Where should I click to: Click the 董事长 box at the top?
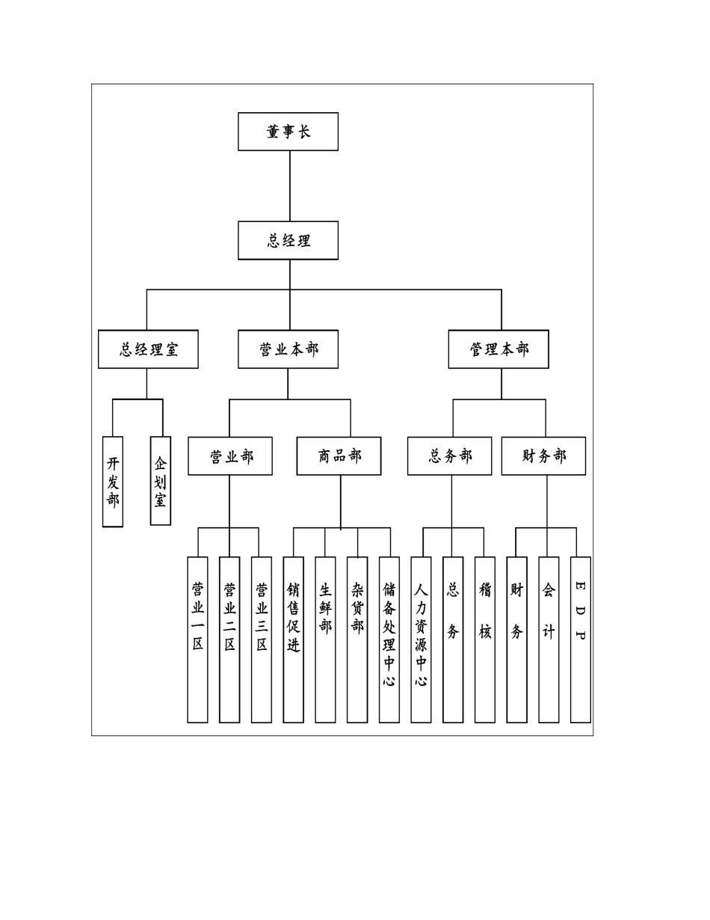[288, 132]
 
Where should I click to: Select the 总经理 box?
[288, 240]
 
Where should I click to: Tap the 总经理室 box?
[148, 349]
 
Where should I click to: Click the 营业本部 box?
[288, 349]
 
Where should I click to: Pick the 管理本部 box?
[498, 349]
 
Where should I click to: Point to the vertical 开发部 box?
[113, 482]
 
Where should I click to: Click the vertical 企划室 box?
[161, 481]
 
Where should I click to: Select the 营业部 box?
[230, 456]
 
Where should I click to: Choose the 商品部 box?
[339, 456]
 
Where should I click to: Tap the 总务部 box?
[449, 456]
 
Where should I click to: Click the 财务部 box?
[543, 456]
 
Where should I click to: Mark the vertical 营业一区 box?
[197, 640]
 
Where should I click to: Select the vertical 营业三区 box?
[262, 640]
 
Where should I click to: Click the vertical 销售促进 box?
[294, 640]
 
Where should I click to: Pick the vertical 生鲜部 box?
[325, 640]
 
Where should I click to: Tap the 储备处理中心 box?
[389, 640]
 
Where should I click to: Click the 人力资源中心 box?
[421, 640]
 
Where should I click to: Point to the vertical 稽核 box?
[485, 640]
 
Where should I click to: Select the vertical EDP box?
[581, 640]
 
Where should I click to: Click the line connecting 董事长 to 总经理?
[290, 185]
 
